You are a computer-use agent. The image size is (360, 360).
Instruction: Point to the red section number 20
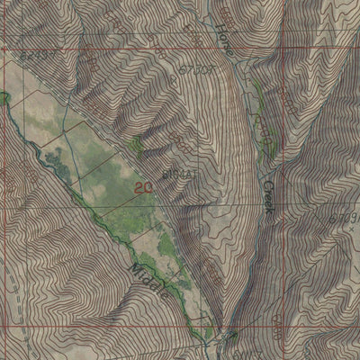[x=141, y=187]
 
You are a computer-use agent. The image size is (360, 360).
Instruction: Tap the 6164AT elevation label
[x=176, y=172]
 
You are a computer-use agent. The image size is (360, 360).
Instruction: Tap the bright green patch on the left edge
[x=4, y=95]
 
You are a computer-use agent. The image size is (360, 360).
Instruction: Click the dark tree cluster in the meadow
[x=54, y=162]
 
